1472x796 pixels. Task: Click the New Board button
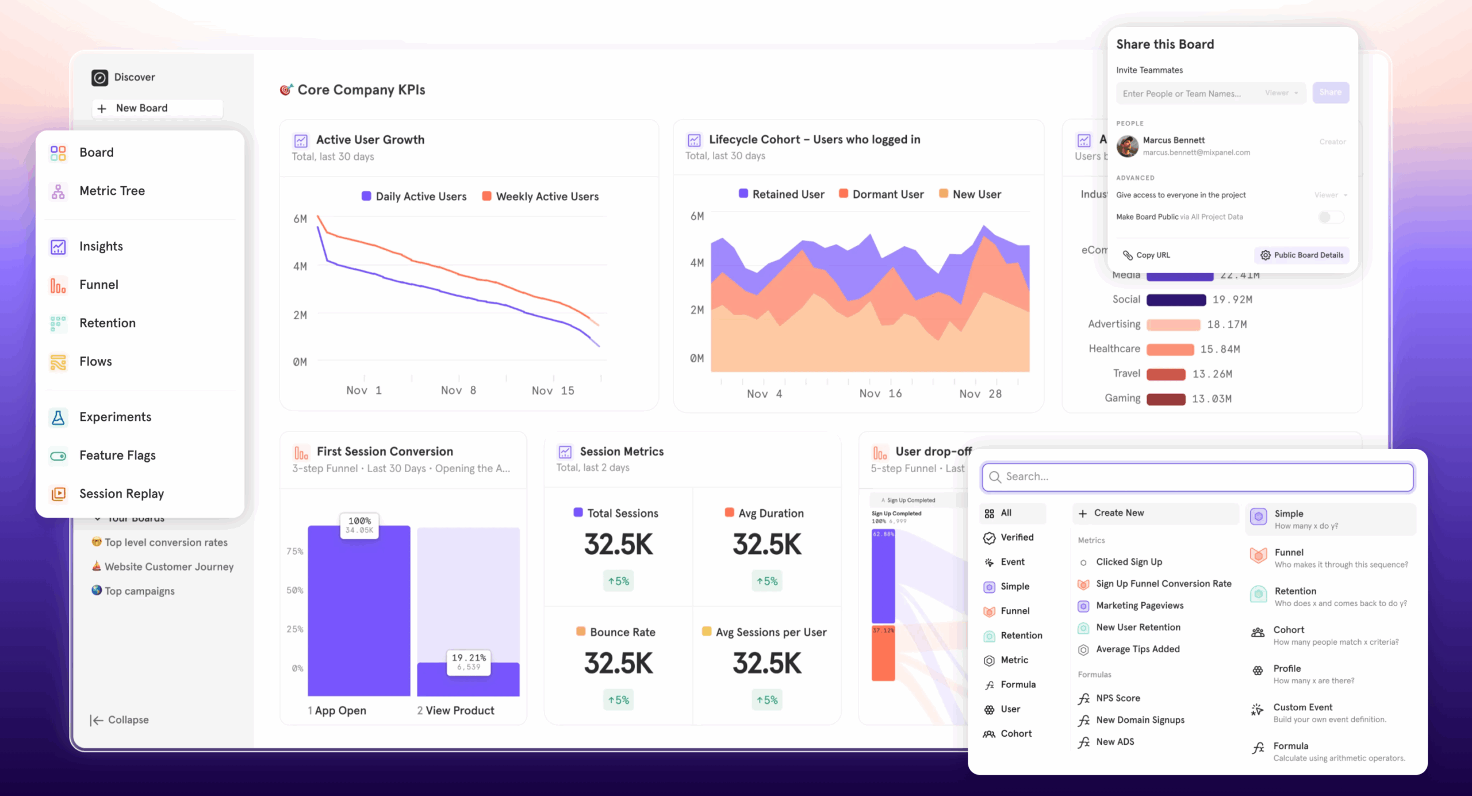click(x=141, y=108)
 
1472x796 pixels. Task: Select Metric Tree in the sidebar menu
click(x=112, y=191)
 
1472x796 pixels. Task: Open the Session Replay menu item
click(x=121, y=493)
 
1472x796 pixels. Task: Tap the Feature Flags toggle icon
click(x=58, y=456)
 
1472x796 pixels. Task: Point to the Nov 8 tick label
click(x=458, y=391)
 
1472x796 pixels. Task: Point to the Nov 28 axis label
click(x=980, y=394)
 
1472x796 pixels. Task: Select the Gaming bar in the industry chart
click(x=1166, y=399)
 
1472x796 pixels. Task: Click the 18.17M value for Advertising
click(x=1226, y=324)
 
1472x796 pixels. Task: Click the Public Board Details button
click(x=1302, y=255)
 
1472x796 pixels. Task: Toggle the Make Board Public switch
click(x=1331, y=217)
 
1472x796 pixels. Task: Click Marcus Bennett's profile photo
click(x=1127, y=146)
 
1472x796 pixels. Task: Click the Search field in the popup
click(x=1198, y=477)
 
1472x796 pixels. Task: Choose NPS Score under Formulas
click(x=1117, y=698)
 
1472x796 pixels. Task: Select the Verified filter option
click(x=1016, y=537)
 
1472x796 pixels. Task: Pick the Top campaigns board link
click(x=139, y=591)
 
